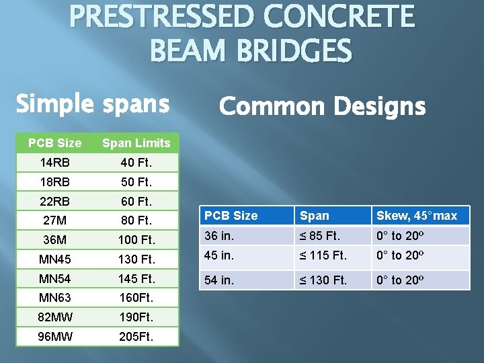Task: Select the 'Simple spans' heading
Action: tap(92, 104)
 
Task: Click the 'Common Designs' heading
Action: tap(322, 106)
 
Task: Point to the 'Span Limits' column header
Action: tap(136, 143)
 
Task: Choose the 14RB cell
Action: tap(54, 162)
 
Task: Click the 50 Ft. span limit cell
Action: tap(136, 182)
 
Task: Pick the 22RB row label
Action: tap(54, 201)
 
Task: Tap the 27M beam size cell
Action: tap(54, 220)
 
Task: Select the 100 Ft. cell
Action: tap(136, 239)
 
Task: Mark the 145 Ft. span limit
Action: tap(136, 278)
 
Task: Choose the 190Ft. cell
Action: tap(136, 317)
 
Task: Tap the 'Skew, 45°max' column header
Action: tap(417, 216)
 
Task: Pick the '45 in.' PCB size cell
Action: tap(219, 256)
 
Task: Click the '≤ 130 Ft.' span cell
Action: tap(323, 280)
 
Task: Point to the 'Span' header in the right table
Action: tap(315, 216)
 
